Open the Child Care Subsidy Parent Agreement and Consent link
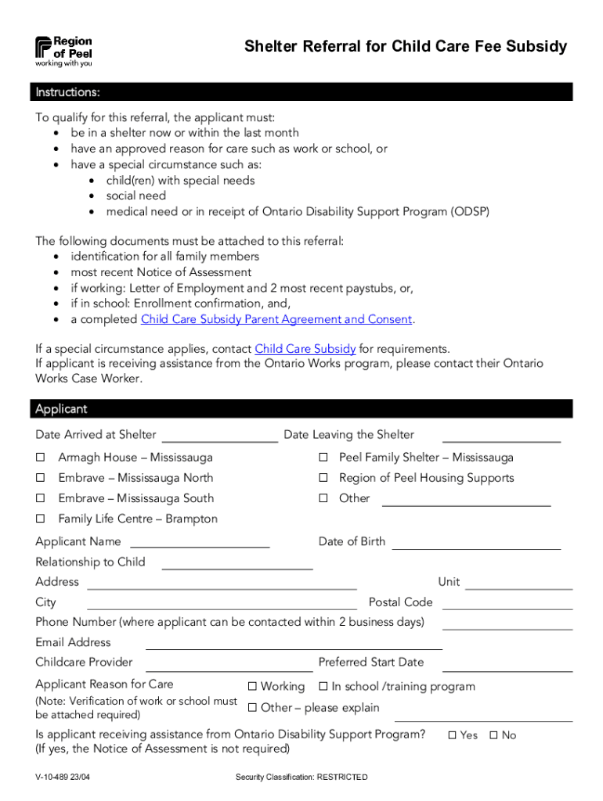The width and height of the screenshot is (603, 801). (276, 319)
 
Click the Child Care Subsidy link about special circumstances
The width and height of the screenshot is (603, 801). (305, 349)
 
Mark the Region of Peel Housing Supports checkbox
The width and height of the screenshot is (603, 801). (322, 478)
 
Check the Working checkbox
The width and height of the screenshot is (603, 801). (252, 687)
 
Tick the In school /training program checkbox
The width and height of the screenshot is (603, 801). (323, 687)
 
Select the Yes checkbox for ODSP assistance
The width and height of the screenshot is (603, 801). (453, 735)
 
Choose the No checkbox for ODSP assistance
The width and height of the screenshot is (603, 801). (493, 735)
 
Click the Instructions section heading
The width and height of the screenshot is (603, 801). (67, 93)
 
